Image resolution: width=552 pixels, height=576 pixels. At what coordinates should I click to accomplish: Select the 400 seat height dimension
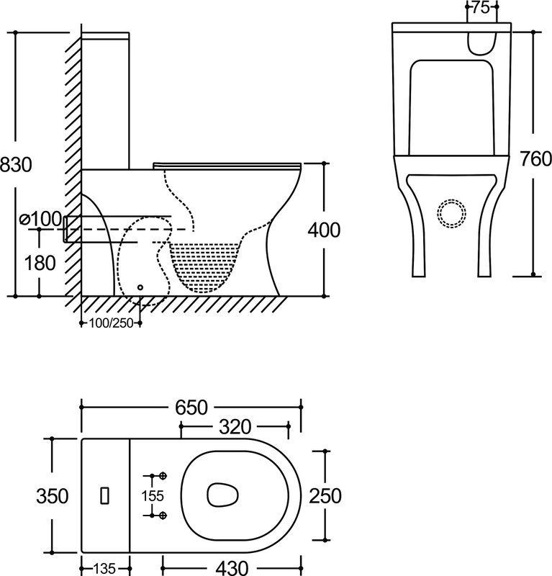tap(323, 230)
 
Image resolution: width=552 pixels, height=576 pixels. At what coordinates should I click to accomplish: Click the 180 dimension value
tap(39, 263)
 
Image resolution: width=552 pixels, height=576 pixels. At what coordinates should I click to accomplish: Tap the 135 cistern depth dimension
tap(105, 567)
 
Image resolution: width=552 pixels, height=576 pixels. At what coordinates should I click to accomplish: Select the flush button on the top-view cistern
tap(105, 495)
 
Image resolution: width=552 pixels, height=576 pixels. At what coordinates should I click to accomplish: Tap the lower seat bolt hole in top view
tap(163, 515)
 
